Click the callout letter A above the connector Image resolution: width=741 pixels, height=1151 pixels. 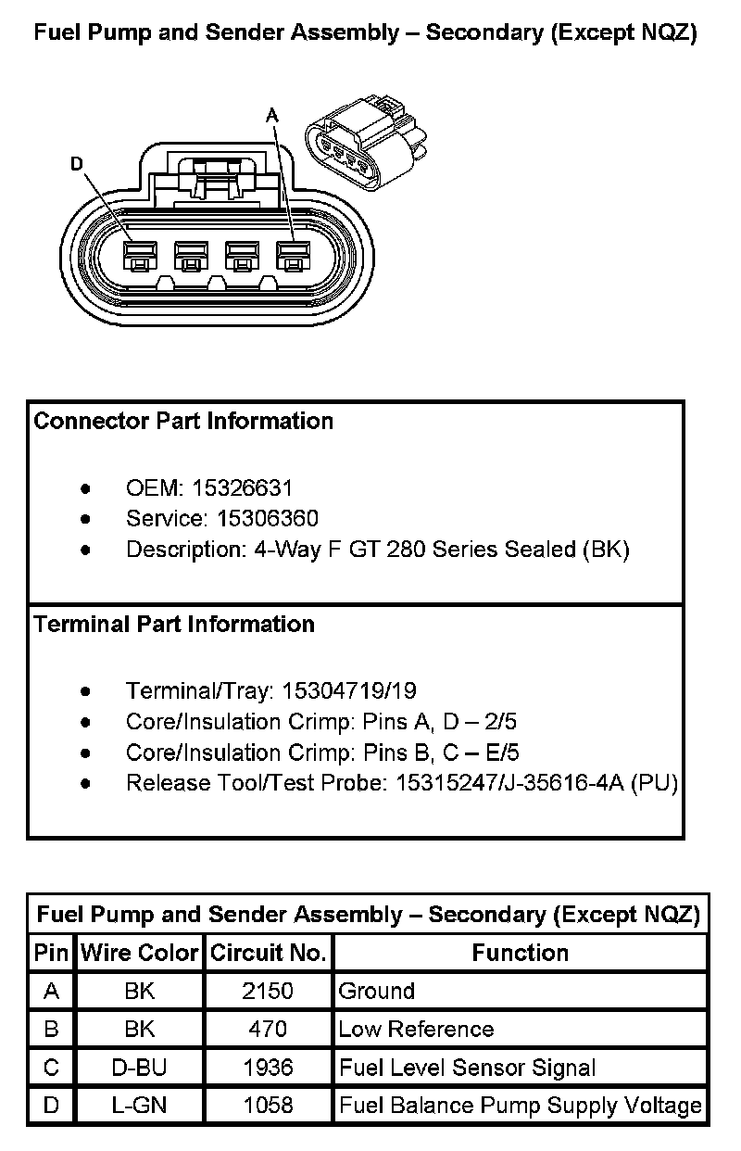(272, 116)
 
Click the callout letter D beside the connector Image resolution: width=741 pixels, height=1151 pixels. (77, 165)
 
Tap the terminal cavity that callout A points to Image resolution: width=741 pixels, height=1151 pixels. (292, 256)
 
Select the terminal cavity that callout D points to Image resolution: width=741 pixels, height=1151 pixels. (141, 256)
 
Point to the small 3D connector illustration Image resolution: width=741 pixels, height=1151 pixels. (368, 139)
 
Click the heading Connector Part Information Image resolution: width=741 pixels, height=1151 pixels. (183, 422)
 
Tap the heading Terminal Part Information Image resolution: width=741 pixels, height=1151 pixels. (174, 625)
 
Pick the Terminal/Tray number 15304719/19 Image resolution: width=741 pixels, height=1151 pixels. (349, 690)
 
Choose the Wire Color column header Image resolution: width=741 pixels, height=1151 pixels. (140, 953)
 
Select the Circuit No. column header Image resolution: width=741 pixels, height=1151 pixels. (268, 953)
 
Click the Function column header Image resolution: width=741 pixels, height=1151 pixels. (521, 953)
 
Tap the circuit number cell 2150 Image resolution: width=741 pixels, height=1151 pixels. (268, 991)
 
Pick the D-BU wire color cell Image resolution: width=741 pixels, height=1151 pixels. (140, 1068)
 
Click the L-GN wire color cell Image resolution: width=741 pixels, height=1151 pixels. (140, 1106)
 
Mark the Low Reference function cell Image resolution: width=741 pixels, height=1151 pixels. (416, 1030)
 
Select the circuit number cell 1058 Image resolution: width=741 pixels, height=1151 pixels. (268, 1106)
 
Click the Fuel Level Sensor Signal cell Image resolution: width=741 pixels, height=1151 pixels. (467, 1068)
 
